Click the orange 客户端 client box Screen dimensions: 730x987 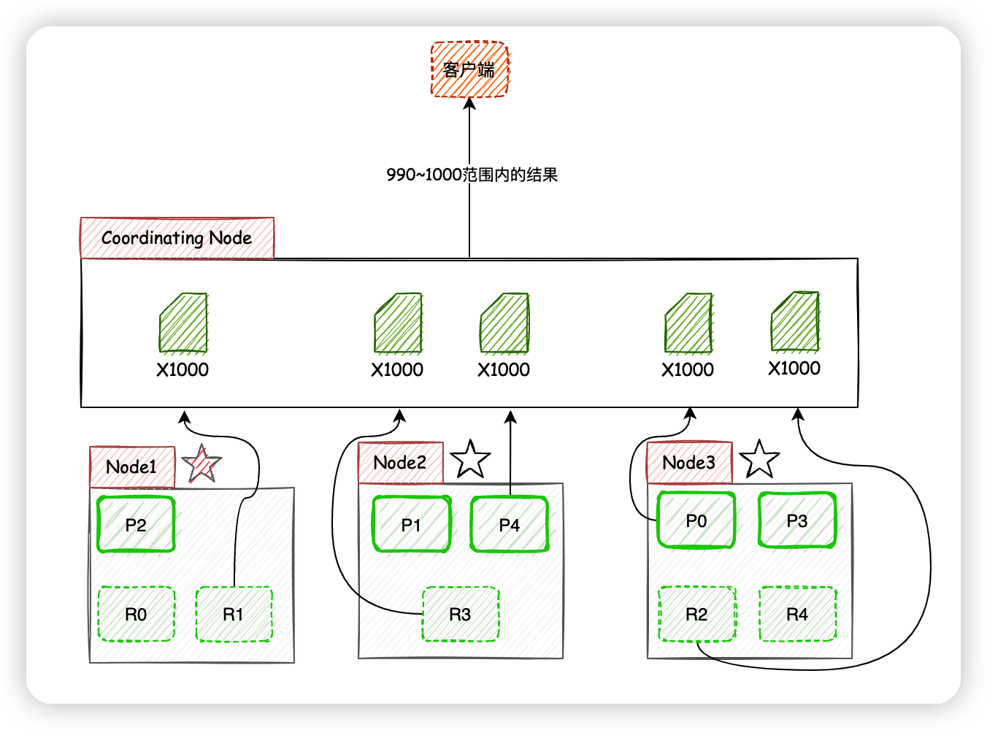point(469,69)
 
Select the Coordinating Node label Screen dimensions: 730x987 point(177,238)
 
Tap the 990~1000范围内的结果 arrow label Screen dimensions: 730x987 point(472,175)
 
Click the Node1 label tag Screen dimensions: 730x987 point(132,467)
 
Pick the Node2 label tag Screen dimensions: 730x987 point(400,463)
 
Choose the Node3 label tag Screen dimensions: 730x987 point(689,463)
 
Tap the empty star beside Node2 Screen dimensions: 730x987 point(470,460)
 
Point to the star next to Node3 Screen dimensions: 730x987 point(759,460)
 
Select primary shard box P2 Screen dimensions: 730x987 point(136,525)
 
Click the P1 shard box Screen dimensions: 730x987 point(411,525)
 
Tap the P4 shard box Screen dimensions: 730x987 point(509,525)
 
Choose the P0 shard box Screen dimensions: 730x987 point(696,520)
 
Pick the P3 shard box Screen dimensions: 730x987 point(796,520)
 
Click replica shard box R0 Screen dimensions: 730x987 point(136,615)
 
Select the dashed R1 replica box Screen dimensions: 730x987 point(234,615)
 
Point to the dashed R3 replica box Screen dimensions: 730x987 point(461,615)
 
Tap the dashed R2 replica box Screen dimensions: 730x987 point(696,615)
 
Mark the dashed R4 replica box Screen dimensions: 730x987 point(797,615)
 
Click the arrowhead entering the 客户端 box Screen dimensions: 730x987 point(469,104)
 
